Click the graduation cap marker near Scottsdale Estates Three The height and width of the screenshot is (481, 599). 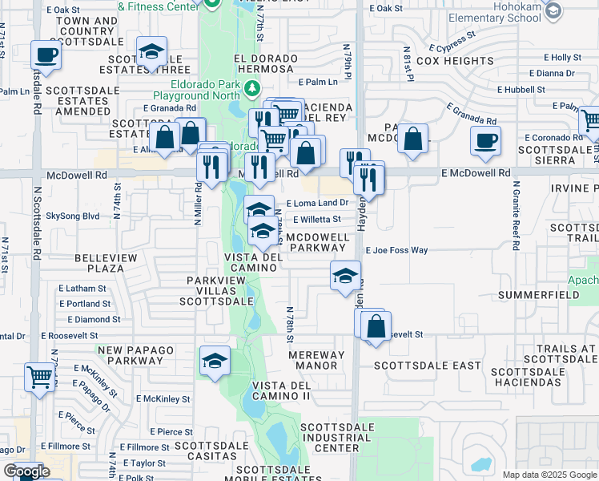(x=151, y=53)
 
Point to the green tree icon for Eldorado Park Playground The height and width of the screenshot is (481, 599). (x=253, y=87)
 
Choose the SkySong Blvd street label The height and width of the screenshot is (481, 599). (x=73, y=216)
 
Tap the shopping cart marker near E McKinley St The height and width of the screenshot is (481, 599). (x=39, y=375)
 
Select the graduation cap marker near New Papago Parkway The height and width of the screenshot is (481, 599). (x=215, y=362)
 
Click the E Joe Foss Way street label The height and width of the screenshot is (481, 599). (x=396, y=250)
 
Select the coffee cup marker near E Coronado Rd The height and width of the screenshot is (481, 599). (x=485, y=141)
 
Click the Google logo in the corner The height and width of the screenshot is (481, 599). (x=26, y=471)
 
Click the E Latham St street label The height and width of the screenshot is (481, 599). (x=82, y=289)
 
